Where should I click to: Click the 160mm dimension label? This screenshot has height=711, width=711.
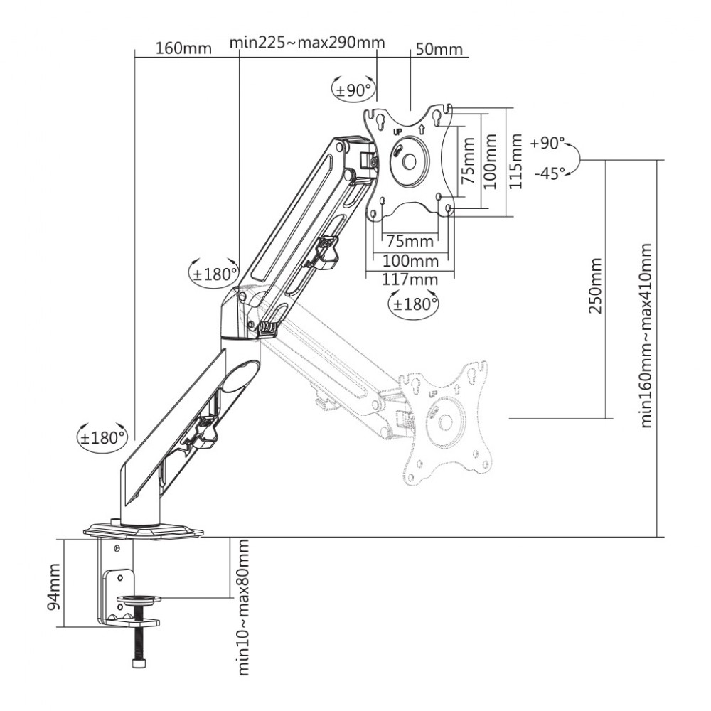184,49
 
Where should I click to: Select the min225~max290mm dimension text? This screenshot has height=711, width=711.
307,42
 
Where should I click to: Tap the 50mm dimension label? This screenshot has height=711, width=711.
439,49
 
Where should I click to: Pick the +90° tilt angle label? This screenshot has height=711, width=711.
546,143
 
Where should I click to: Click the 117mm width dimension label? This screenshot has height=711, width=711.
410,279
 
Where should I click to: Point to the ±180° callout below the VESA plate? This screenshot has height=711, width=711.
414,304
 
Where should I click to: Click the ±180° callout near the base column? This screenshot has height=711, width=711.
102,437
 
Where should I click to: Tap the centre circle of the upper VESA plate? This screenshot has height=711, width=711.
409,161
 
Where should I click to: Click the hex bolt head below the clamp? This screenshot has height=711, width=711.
138,662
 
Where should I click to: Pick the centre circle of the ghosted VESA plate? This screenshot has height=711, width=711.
445,422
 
